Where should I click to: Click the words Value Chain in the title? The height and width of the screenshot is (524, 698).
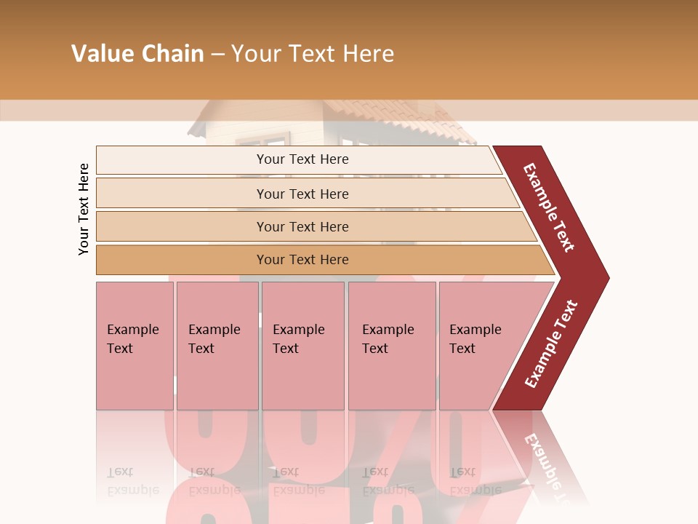point(137,54)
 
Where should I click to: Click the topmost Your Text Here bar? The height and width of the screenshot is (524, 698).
point(302,159)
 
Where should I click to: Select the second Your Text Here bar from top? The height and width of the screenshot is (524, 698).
point(302,194)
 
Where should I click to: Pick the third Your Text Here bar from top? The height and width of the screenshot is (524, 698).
point(302,226)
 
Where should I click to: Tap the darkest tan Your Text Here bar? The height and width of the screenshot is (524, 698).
point(302,260)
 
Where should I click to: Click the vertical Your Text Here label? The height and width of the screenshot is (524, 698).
point(84,209)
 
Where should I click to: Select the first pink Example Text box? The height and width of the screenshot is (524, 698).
point(135,346)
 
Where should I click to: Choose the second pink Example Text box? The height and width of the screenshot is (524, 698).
point(217,346)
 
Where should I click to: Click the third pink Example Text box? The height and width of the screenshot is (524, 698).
point(302,346)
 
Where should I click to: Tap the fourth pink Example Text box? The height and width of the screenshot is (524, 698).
point(392,346)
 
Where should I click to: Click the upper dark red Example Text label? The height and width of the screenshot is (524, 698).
point(550,207)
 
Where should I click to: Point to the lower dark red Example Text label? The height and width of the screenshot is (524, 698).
point(551,344)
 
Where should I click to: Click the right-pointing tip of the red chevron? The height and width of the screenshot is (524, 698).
point(606,277)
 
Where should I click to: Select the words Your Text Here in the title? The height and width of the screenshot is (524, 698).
point(313,54)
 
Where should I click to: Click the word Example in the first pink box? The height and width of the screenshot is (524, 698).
point(133,330)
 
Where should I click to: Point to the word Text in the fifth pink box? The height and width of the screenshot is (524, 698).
point(462,349)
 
